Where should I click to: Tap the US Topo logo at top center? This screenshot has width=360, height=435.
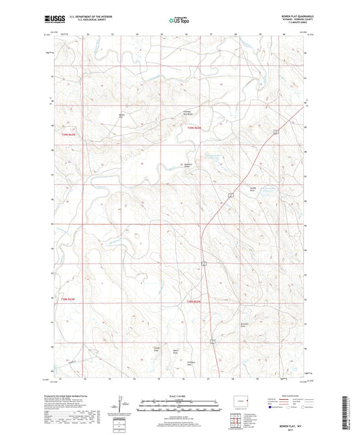click(x=175, y=21)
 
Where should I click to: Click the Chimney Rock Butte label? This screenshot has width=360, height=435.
click(x=188, y=112)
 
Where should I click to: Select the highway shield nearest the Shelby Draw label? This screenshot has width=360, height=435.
click(x=231, y=195)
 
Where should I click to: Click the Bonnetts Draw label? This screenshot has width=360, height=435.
click(x=247, y=326)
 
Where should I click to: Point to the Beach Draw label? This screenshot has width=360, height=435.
click(x=176, y=351)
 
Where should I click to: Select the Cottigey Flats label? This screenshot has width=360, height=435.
click(x=191, y=363)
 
